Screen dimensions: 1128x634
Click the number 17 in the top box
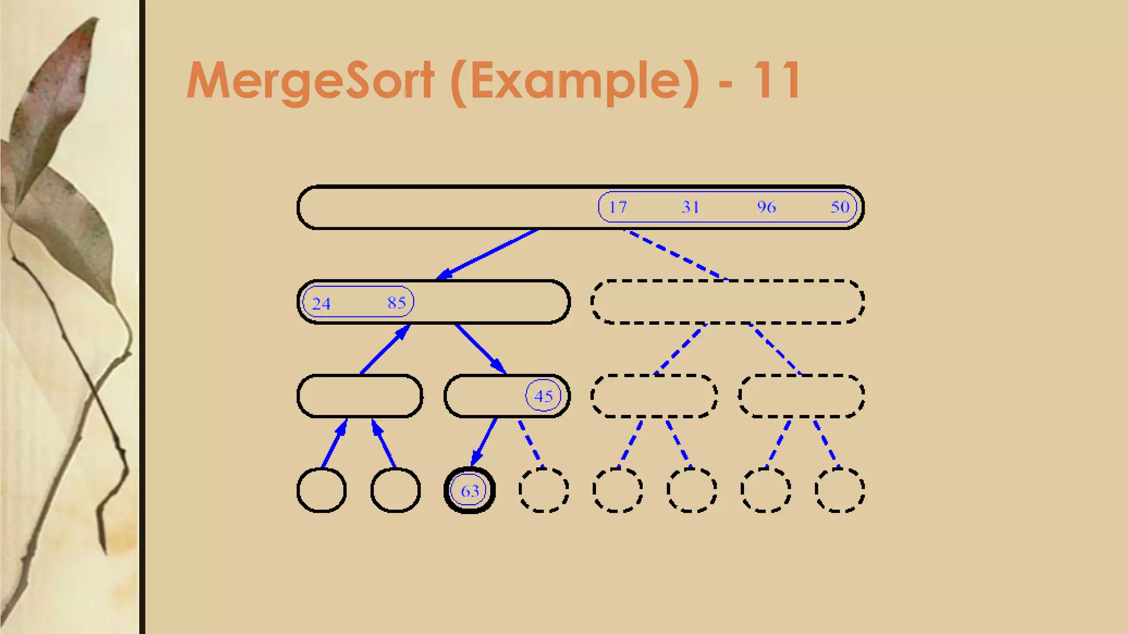(x=617, y=207)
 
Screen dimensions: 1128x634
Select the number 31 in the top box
(x=690, y=207)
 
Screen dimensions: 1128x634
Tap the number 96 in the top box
(x=766, y=207)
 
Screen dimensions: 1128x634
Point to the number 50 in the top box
(x=840, y=207)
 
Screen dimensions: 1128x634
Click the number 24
(x=321, y=303)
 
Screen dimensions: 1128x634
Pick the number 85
(x=397, y=303)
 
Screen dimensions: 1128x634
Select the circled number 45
(x=543, y=396)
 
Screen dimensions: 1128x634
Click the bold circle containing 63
(x=469, y=490)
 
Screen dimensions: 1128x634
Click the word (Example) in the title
(x=575, y=81)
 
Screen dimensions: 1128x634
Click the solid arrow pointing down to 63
(x=484, y=442)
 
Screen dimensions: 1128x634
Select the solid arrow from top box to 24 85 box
(x=487, y=254)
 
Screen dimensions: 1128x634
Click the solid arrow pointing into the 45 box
(x=480, y=349)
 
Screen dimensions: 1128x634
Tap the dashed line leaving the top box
(x=675, y=254)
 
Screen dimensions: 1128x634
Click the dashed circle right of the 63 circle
(x=544, y=490)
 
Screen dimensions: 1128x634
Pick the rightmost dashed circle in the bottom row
(x=839, y=490)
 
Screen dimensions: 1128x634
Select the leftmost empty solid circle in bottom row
(x=322, y=490)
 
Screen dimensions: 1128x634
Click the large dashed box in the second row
(x=728, y=302)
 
